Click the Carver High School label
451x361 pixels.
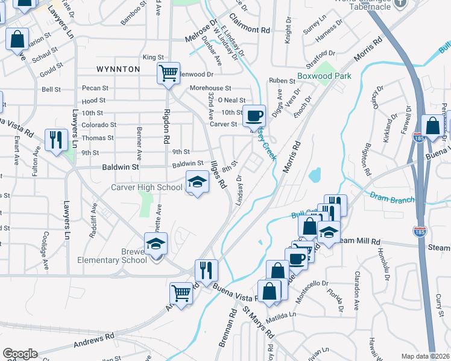(x=147, y=187)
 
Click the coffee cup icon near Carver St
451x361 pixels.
(x=254, y=114)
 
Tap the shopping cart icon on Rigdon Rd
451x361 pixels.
(x=168, y=73)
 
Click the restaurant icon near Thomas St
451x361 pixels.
(x=57, y=140)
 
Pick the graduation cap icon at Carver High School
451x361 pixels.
(x=197, y=182)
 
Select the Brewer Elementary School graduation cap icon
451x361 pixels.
(x=156, y=244)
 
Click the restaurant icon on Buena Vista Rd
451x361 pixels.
(x=206, y=271)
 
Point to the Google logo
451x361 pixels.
(x=20, y=354)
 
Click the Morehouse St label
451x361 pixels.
(x=210, y=88)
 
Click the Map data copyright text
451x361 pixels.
(x=425, y=356)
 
